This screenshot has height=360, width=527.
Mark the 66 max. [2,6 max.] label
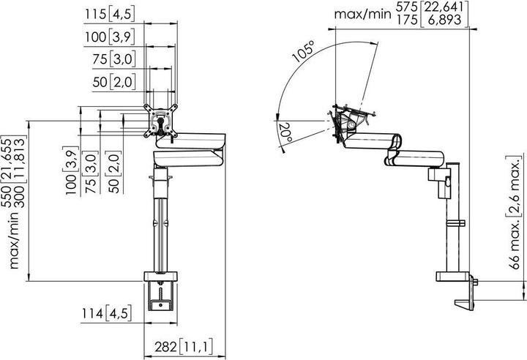point(512,220)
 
